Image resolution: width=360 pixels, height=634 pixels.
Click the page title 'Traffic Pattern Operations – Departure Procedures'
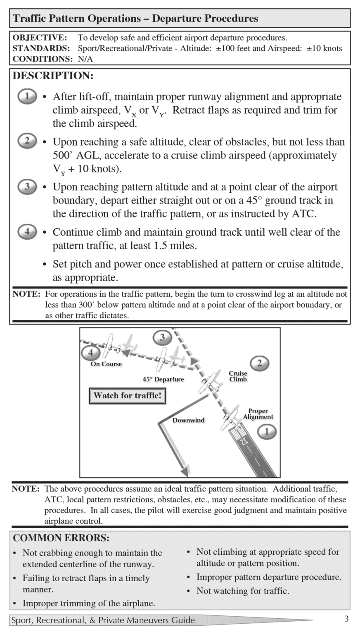(x=135, y=19)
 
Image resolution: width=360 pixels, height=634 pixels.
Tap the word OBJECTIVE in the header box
(x=40, y=38)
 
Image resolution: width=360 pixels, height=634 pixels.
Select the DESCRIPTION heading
(x=53, y=76)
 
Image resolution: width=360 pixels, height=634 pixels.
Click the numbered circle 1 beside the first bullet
(x=27, y=97)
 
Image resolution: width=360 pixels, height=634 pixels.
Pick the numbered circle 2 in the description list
(x=27, y=142)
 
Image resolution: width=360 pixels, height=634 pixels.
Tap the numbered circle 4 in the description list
(x=27, y=232)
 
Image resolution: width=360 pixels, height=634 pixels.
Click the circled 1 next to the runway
(x=266, y=432)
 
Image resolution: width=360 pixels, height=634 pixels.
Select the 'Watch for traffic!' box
(x=127, y=395)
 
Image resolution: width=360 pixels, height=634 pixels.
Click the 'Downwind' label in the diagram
(x=188, y=420)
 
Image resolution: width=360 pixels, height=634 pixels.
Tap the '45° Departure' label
(x=163, y=379)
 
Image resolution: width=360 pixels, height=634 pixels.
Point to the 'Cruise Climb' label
(x=238, y=376)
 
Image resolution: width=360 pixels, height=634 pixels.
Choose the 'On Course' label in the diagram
(x=106, y=364)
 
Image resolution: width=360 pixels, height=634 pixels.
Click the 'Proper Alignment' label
(x=258, y=414)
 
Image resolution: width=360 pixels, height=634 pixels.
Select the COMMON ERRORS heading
(x=61, y=538)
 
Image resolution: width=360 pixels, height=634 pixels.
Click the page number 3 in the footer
(x=346, y=619)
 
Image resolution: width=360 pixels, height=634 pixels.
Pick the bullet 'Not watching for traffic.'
(x=243, y=591)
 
